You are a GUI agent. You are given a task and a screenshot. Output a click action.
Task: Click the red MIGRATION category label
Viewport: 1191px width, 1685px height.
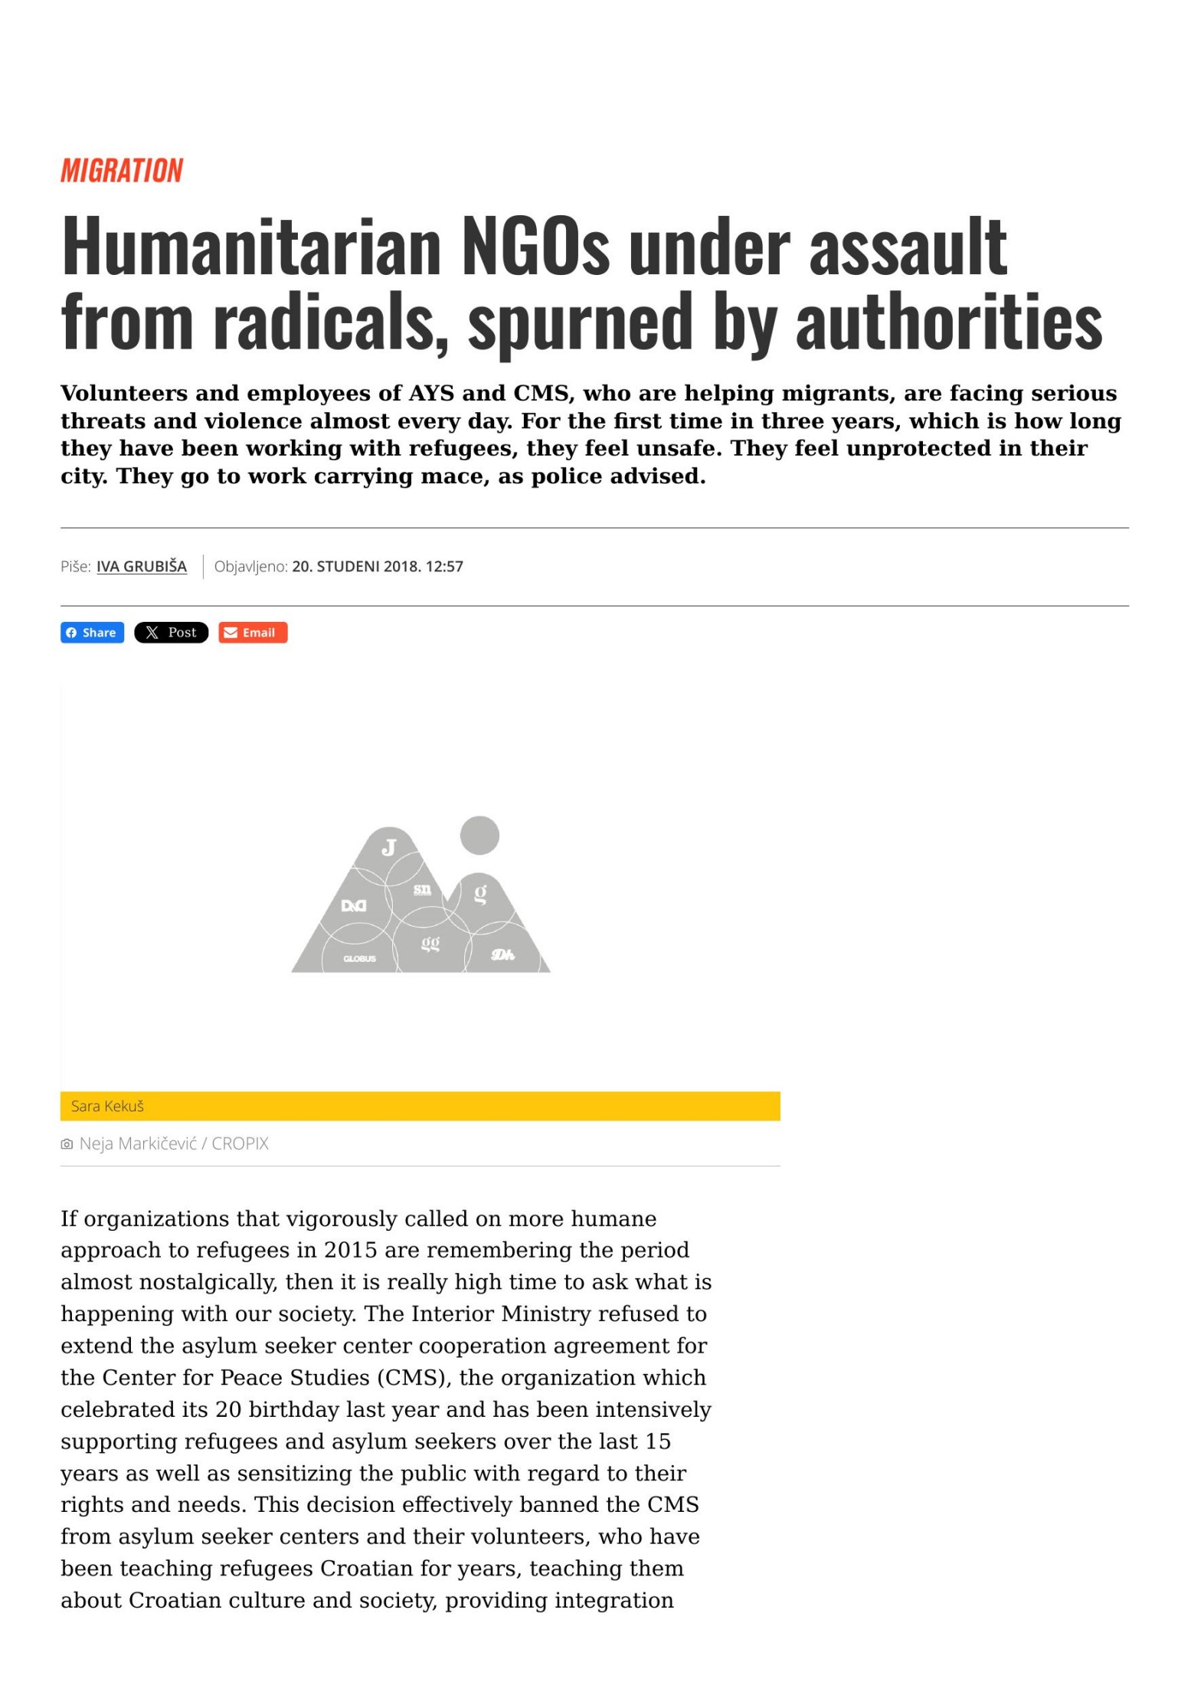(122, 170)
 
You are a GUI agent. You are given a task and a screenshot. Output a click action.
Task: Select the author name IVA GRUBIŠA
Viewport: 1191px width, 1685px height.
(141, 567)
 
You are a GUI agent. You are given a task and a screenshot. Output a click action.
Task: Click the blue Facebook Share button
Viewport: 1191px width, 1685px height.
(92, 633)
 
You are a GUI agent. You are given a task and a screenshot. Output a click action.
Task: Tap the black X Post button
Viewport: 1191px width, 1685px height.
(171, 633)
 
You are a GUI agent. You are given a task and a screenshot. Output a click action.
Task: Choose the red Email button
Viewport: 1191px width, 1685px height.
(252, 633)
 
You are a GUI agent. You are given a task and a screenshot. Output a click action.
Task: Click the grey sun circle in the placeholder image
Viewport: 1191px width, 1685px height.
(479, 835)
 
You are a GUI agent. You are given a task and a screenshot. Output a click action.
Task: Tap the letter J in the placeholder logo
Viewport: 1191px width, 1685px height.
(389, 847)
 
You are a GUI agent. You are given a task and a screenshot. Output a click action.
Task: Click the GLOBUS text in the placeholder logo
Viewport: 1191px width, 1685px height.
(359, 959)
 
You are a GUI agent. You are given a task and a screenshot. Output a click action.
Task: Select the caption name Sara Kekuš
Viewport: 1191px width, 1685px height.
(107, 1106)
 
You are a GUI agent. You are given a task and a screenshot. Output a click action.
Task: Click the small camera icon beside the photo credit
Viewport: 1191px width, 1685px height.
(67, 1144)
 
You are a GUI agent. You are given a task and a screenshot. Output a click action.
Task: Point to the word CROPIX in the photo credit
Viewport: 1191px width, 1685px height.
(240, 1144)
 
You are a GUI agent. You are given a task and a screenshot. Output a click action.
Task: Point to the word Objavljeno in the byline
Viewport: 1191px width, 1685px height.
(250, 567)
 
